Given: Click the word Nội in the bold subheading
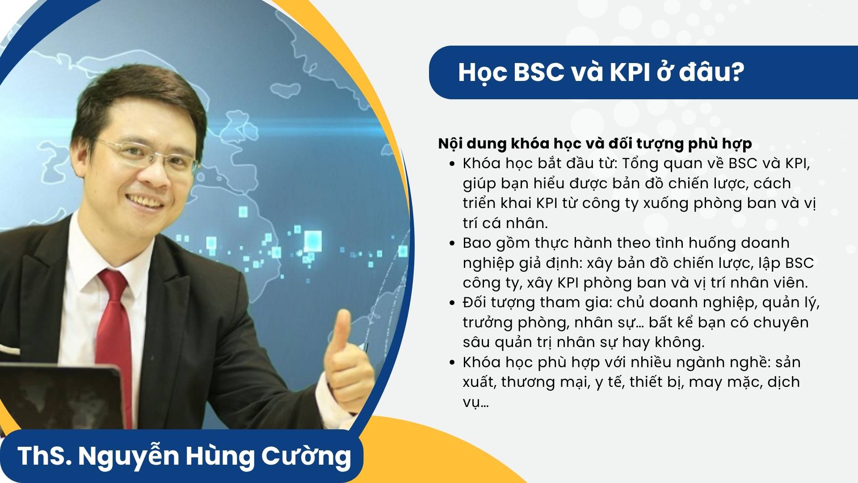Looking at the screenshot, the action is pyautogui.click(x=450, y=143).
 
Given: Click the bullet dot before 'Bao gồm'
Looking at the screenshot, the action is pyautogui.click(x=453, y=243).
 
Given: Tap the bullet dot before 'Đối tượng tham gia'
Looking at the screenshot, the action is pyautogui.click(x=453, y=303).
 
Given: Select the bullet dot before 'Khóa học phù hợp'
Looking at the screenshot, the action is pyautogui.click(x=453, y=362).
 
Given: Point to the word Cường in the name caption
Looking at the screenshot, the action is pyautogui.click(x=306, y=456).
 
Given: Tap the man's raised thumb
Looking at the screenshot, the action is pyautogui.click(x=342, y=331).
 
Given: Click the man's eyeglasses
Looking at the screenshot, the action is pyautogui.click(x=143, y=154).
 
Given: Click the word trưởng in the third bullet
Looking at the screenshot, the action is pyautogui.click(x=487, y=323).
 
